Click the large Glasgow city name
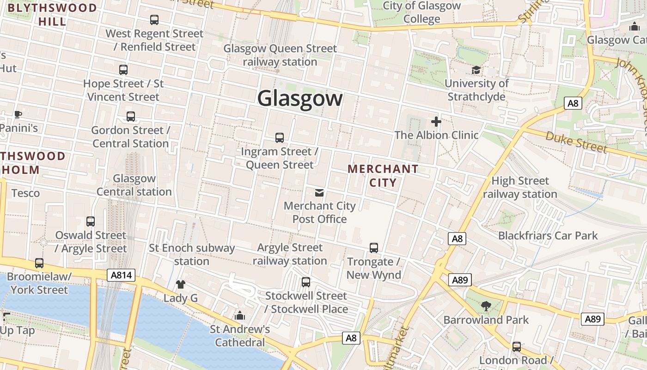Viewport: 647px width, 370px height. pyautogui.click(x=300, y=99)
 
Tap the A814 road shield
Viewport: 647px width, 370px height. pyautogui.click(x=122, y=276)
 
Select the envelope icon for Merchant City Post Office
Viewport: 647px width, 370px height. pyautogui.click(x=319, y=192)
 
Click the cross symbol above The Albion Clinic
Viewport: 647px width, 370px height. pyautogui.click(x=436, y=122)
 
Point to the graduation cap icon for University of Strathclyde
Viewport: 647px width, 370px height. pyautogui.click(x=476, y=70)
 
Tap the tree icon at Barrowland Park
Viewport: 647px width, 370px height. pyautogui.click(x=486, y=306)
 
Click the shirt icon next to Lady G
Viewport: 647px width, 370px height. pyautogui.click(x=180, y=284)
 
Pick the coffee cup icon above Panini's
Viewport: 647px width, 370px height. pyautogui.click(x=18, y=114)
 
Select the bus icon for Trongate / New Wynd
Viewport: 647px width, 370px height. pyautogui.click(x=374, y=248)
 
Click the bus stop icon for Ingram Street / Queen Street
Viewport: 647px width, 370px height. pyautogui.click(x=280, y=138)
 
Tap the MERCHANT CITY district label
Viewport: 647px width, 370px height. pyautogui.click(x=383, y=176)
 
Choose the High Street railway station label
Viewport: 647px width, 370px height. pyautogui.click(x=520, y=187)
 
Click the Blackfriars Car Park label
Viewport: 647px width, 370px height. pyautogui.click(x=548, y=236)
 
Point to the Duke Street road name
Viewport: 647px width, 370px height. pyautogui.click(x=575, y=142)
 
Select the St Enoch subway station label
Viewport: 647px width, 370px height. pyautogui.click(x=192, y=254)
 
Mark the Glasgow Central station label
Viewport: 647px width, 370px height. pyautogui.click(x=134, y=185)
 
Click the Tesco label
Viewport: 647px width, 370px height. pyautogui.click(x=25, y=193)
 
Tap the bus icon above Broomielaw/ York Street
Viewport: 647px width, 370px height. pyautogui.click(x=39, y=263)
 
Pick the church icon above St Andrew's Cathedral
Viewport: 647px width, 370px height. pyautogui.click(x=239, y=315)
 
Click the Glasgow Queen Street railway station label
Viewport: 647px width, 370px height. pyautogui.click(x=280, y=55)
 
